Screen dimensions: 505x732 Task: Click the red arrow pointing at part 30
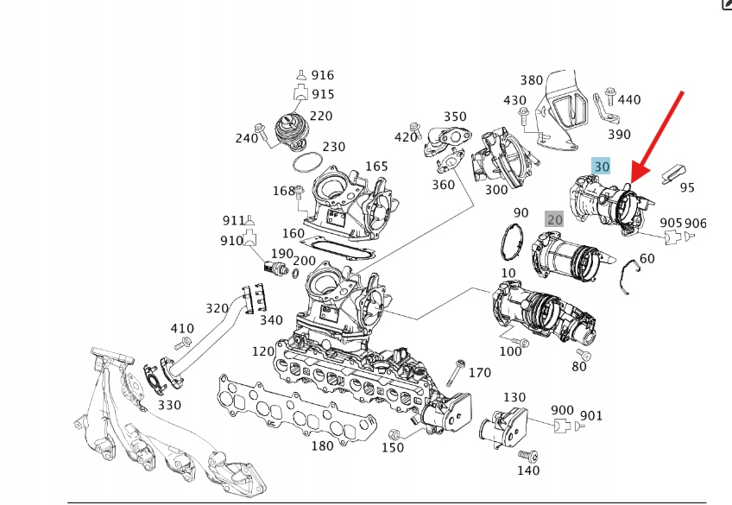pos(658,135)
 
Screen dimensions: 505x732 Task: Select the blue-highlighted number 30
pos(602,166)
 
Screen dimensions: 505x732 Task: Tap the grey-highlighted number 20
pos(554,219)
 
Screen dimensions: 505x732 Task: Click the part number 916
pos(323,76)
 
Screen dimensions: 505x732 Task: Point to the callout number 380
pos(532,80)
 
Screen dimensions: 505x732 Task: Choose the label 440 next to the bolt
pos(629,99)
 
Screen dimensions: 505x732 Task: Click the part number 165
pos(376,166)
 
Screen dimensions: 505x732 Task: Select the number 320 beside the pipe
pos(218,308)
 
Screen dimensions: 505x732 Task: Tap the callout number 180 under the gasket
pos(322,445)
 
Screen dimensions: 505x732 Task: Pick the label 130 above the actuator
pos(514,397)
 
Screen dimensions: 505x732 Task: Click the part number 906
pos(696,224)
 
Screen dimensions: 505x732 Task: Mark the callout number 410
pos(182,328)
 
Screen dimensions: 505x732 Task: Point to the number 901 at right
pos(591,416)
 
